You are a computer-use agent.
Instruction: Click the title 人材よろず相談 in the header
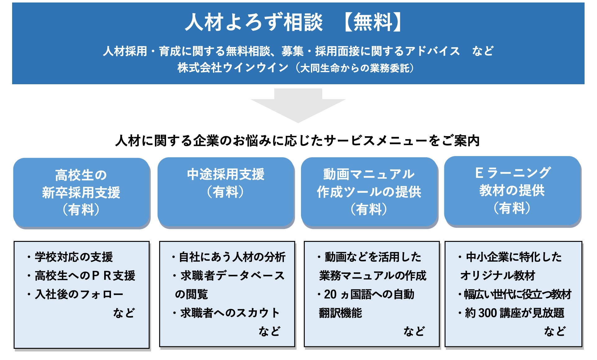point(254,22)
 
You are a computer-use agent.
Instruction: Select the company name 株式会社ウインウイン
point(233,68)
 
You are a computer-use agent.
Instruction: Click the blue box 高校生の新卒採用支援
point(81,192)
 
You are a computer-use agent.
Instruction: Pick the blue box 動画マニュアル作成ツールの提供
point(369,192)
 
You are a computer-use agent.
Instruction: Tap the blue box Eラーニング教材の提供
point(512,191)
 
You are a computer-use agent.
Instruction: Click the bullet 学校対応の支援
point(74,257)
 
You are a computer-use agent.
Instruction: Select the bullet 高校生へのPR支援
point(85,276)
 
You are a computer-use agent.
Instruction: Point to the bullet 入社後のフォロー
point(79,294)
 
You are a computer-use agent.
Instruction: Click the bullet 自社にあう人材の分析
point(232,257)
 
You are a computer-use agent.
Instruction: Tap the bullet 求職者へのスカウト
point(230,313)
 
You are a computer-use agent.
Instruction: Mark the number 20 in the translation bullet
point(330,294)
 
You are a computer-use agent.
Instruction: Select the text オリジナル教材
point(497,276)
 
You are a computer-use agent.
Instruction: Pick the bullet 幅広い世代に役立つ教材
point(517,294)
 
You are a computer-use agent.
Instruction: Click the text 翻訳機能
point(340,313)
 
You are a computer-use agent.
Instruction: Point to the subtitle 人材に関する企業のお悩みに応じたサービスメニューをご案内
point(297,141)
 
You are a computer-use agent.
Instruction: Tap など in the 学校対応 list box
point(124,313)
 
